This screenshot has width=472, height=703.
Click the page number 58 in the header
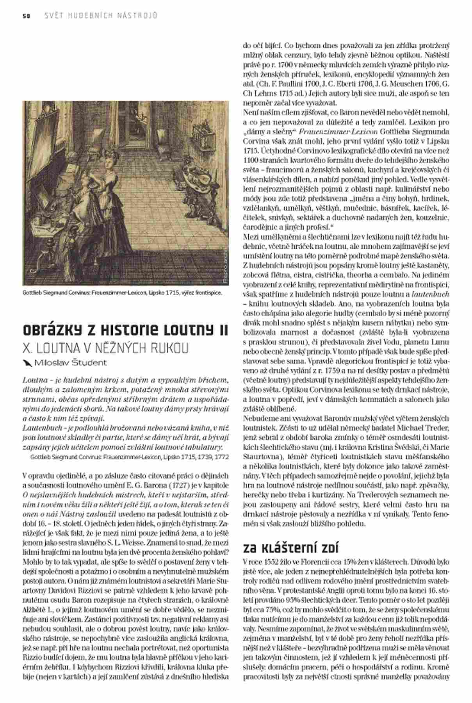point(26,16)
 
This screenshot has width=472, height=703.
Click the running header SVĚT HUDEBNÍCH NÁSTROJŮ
point(101,16)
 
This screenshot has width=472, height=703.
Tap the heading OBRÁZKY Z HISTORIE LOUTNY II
point(125,329)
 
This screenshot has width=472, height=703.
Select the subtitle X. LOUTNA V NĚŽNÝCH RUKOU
point(105,348)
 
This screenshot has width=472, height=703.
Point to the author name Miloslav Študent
point(71,363)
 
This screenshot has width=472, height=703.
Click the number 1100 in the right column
point(251,160)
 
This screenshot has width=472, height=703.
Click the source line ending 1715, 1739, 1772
point(129,457)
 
